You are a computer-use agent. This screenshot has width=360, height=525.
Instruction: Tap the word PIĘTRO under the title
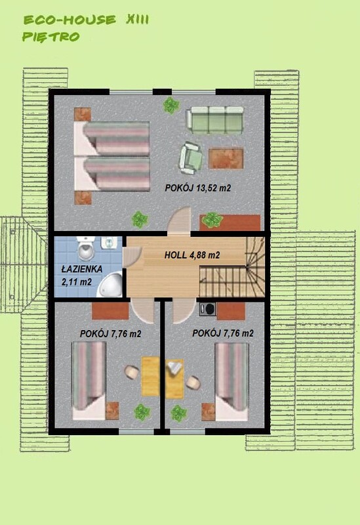tap(51, 37)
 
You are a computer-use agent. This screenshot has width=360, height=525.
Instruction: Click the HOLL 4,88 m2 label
tap(191, 255)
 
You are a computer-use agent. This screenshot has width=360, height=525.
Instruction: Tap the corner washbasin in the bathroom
tap(114, 283)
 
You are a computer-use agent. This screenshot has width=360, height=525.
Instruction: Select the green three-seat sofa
tap(215, 119)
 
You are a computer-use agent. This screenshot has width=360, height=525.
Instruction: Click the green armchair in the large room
tap(191, 157)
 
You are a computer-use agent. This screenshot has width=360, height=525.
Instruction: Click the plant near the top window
tap(172, 104)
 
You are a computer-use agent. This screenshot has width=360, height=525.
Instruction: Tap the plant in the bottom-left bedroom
tap(142, 412)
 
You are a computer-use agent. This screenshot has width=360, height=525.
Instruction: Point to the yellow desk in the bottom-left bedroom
tap(151, 376)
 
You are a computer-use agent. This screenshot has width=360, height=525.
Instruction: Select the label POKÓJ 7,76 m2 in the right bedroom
tap(223, 333)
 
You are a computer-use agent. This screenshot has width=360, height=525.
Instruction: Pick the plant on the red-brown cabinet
tap(212, 220)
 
